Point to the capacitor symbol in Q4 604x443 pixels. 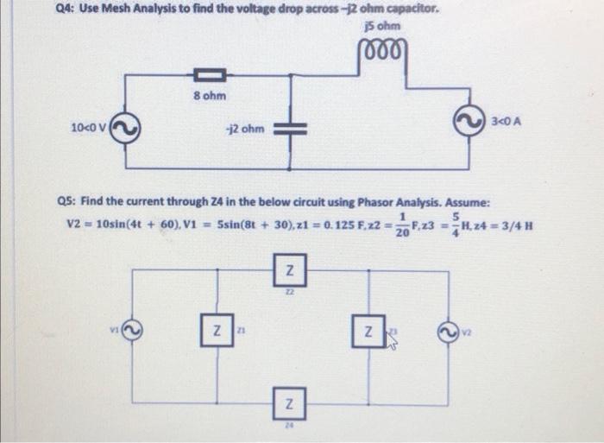tap(289, 129)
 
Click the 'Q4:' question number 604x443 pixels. tap(17, 9)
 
